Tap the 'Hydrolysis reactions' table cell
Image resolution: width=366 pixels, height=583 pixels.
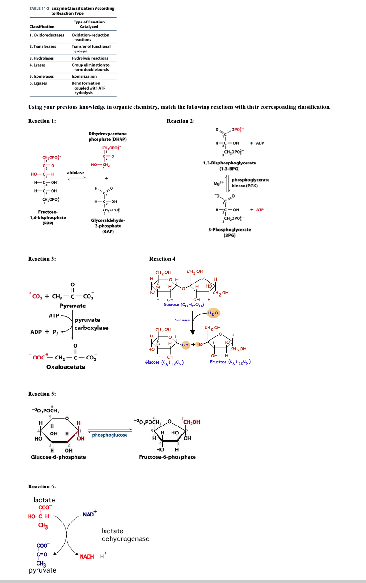tap(90, 58)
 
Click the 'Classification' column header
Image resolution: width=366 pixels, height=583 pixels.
tap(42, 27)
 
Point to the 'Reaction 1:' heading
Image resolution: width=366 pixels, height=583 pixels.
tap(42, 121)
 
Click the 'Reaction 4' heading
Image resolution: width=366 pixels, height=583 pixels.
tap(162, 259)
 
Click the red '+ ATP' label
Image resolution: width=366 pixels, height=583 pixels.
tap(257, 209)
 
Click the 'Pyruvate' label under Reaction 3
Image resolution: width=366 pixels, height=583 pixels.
tap(73, 306)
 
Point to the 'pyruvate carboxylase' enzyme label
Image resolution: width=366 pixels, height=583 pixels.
tap(91, 324)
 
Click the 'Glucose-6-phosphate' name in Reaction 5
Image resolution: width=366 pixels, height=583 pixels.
tap(58, 457)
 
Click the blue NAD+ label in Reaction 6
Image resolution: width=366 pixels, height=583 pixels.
tap(89, 514)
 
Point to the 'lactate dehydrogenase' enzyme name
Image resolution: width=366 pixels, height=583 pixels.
tap(125, 535)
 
